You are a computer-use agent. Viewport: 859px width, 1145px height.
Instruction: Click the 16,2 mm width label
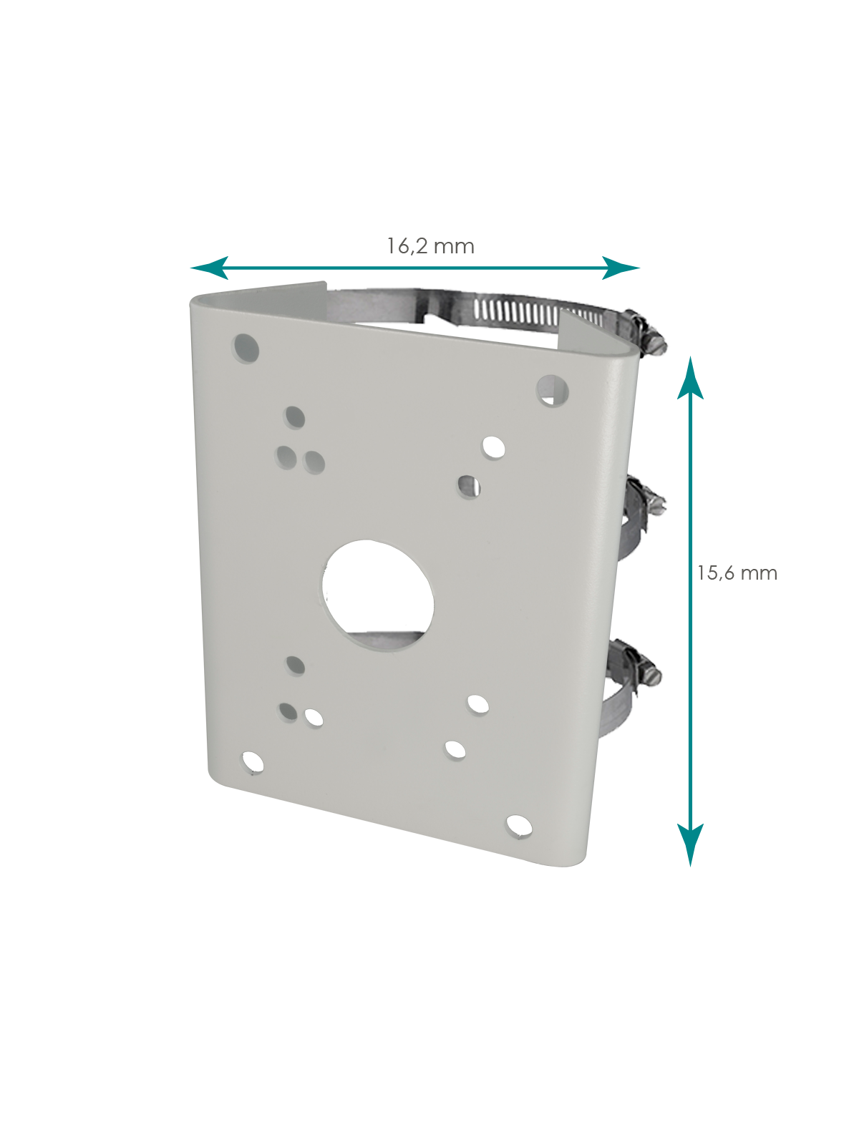click(430, 246)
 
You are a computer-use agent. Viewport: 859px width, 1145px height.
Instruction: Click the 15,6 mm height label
click(737, 572)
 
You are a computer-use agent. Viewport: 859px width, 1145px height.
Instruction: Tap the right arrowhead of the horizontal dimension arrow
click(620, 268)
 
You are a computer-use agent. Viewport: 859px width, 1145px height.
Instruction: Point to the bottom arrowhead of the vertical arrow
click(690, 844)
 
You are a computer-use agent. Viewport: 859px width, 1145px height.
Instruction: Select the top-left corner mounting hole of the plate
click(246, 348)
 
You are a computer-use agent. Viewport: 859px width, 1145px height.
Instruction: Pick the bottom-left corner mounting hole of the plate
click(252, 763)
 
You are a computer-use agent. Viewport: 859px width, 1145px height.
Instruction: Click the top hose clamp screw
click(649, 333)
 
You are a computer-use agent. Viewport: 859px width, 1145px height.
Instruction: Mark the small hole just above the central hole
click(469, 487)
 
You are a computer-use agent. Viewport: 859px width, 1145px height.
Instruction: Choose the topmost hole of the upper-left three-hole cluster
click(295, 416)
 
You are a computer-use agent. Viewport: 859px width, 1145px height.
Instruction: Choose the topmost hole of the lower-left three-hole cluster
click(295, 666)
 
